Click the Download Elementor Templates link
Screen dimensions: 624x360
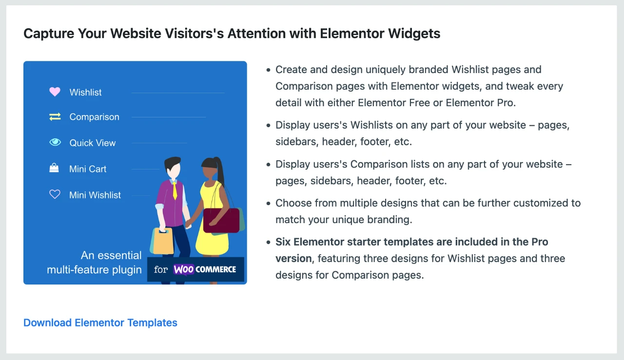(100, 322)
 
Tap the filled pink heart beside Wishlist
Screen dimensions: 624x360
(55, 92)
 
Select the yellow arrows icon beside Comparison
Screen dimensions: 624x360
(55, 116)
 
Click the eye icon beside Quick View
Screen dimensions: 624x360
(55, 142)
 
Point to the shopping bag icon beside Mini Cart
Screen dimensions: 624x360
(54, 168)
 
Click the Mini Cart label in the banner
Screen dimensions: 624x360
(88, 169)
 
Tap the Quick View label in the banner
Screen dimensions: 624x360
(93, 143)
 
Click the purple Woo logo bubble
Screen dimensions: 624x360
(184, 269)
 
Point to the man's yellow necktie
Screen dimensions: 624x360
(175, 190)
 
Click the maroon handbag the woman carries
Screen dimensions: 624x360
(221, 220)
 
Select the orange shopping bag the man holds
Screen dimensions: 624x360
(163, 241)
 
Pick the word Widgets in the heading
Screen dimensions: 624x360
(414, 34)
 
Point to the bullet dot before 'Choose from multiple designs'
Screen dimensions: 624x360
(268, 203)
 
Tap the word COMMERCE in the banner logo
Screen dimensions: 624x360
(215, 269)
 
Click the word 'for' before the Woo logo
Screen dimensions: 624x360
(161, 269)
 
